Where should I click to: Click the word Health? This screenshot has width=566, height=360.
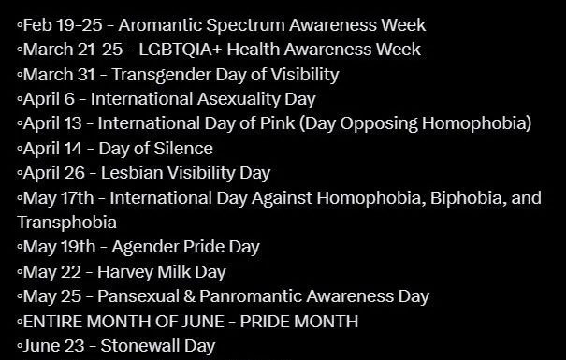point(253,50)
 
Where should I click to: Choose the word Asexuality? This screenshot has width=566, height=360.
point(239,99)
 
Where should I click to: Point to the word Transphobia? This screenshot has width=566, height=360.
point(66,223)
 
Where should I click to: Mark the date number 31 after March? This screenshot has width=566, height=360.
point(86,75)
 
